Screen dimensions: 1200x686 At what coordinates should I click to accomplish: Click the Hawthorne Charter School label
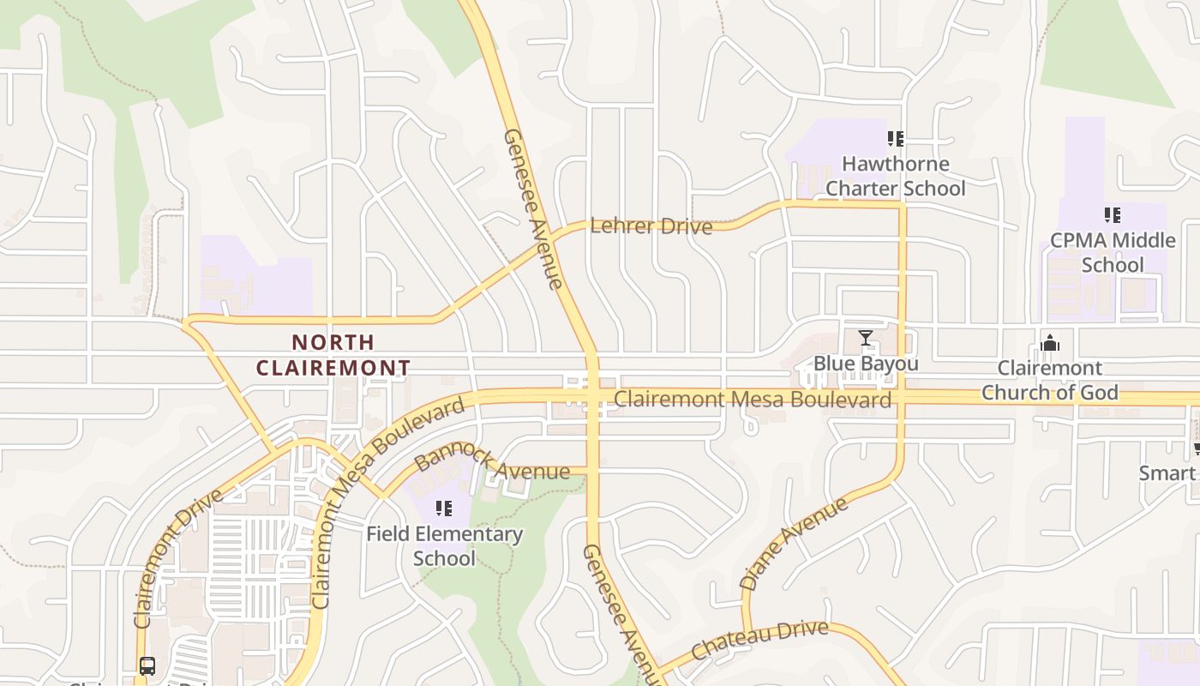tap(895, 176)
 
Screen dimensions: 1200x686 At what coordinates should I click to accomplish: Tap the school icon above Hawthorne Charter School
tap(896, 138)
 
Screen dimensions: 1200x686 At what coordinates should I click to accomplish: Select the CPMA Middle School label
tap(1112, 252)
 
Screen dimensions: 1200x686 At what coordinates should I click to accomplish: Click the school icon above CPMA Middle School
tap(1113, 214)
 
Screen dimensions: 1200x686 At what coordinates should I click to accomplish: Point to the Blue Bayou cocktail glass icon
tap(866, 338)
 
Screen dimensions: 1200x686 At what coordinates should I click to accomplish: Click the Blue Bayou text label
tap(866, 364)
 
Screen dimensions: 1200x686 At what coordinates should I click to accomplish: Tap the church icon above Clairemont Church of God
tap(1050, 343)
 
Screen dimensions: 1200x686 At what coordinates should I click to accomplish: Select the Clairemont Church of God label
tap(1050, 380)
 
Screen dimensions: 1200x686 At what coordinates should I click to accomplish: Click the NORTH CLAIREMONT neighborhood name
tap(333, 355)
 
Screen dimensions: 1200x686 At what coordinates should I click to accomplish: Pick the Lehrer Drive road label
tap(651, 226)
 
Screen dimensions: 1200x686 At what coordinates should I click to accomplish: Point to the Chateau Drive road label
tap(759, 641)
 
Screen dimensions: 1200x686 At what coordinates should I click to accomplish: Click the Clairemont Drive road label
tap(177, 558)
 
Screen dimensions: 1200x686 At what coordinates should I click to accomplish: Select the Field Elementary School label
tap(444, 545)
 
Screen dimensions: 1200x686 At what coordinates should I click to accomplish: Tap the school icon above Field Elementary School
tap(444, 508)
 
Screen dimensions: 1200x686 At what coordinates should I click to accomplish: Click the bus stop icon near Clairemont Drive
tap(147, 665)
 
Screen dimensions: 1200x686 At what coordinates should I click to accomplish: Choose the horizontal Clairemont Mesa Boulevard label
tap(753, 400)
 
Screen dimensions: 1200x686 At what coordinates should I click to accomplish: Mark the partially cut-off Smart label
tap(1167, 472)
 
